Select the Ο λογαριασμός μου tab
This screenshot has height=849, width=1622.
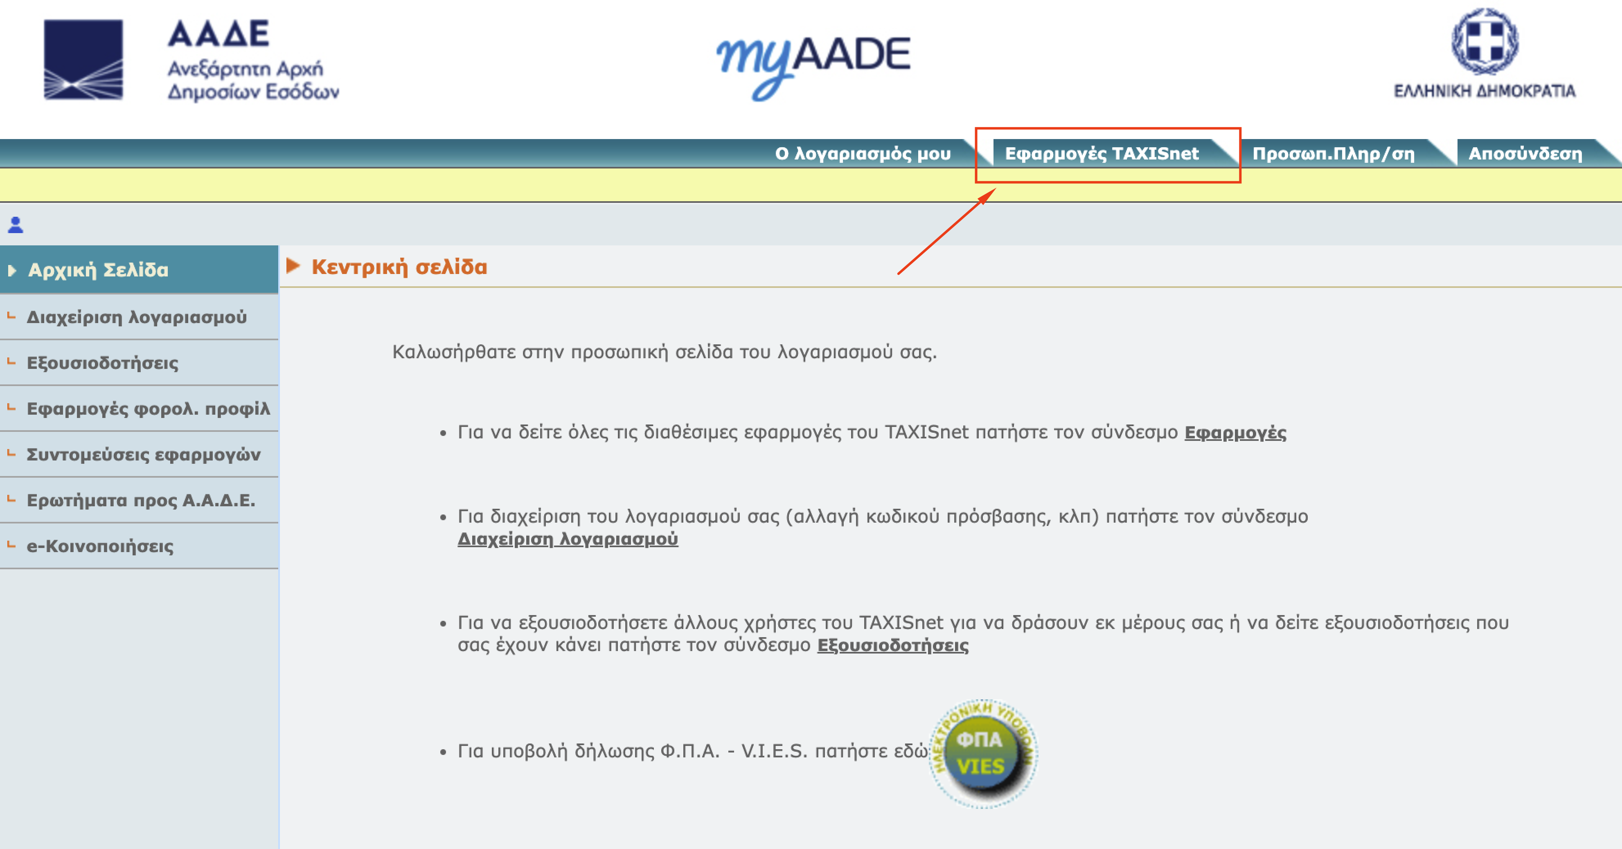click(x=863, y=153)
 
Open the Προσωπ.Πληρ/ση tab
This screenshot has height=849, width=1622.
click(x=1334, y=153)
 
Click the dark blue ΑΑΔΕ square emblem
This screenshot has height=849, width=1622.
click(x=83, y=60)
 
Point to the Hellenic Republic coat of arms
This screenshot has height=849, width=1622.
click(x=1485, y=42)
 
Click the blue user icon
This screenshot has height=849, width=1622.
click(x=16, y=225)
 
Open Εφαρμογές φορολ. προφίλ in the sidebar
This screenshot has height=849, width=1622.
click(x=149, y=409)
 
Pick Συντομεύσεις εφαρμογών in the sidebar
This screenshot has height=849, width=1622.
click(x=144, y=454)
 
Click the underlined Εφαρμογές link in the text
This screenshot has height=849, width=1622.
click(x=1235, y=432)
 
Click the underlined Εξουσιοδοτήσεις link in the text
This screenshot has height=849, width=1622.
click(x=893, y=645)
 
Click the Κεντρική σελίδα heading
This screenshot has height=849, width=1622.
click(x=399, y=267)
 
